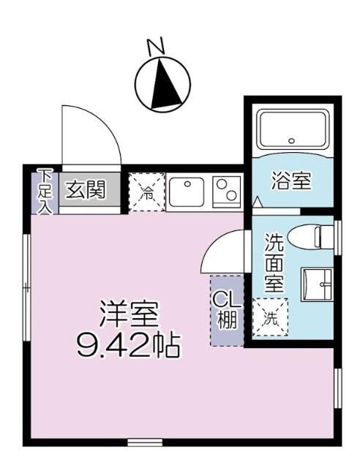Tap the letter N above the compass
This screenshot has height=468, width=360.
tap(156, 48)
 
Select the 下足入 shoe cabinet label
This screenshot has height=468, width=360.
tap(45, 191)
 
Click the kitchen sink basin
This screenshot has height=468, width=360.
tap(188, 192)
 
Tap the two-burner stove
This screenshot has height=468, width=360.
tap(226, 192)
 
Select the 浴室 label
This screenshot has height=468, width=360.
tap(292, 181)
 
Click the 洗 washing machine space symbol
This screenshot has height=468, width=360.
tap(271, 316)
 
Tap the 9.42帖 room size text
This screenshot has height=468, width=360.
tap(128, 344)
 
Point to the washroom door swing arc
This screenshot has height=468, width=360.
tap(223, 252)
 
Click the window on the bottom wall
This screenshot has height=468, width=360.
tap(144, 442)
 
